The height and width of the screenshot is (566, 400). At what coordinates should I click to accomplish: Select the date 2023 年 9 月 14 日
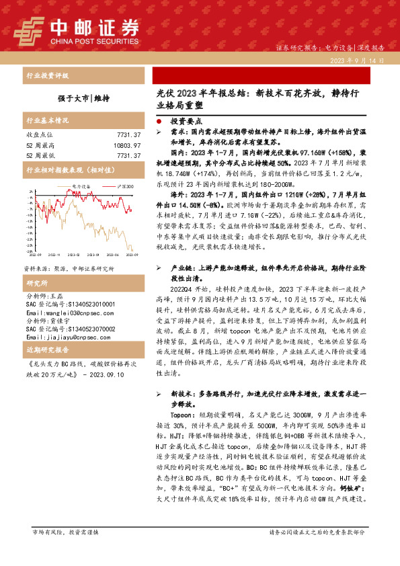357,60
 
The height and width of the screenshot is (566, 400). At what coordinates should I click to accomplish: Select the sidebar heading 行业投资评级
47,75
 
